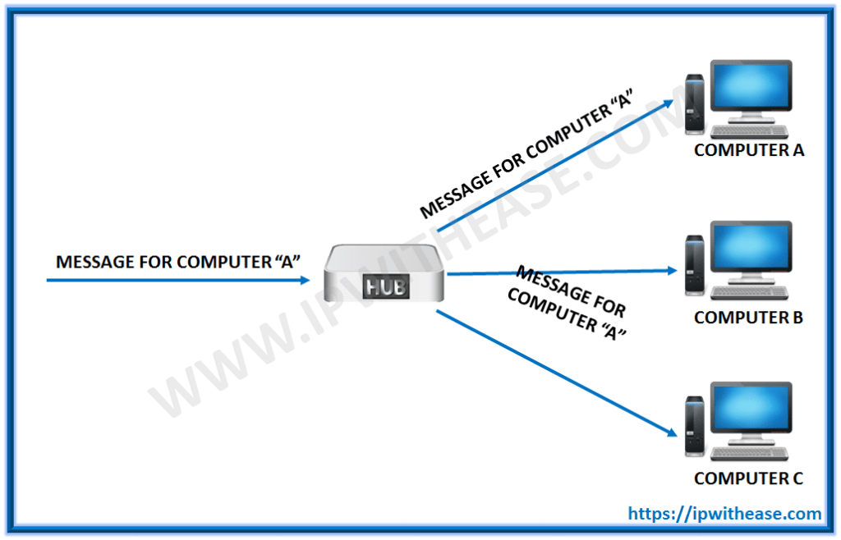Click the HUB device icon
coord(384,279)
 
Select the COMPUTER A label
coord(749,150)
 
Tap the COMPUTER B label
coord(748,317)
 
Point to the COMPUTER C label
coord(748,478)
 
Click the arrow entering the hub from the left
coord(177,280)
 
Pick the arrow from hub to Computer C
coord(558,373)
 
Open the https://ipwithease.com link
coord(725,514)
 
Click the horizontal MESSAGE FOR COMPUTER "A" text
coord(177,262)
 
